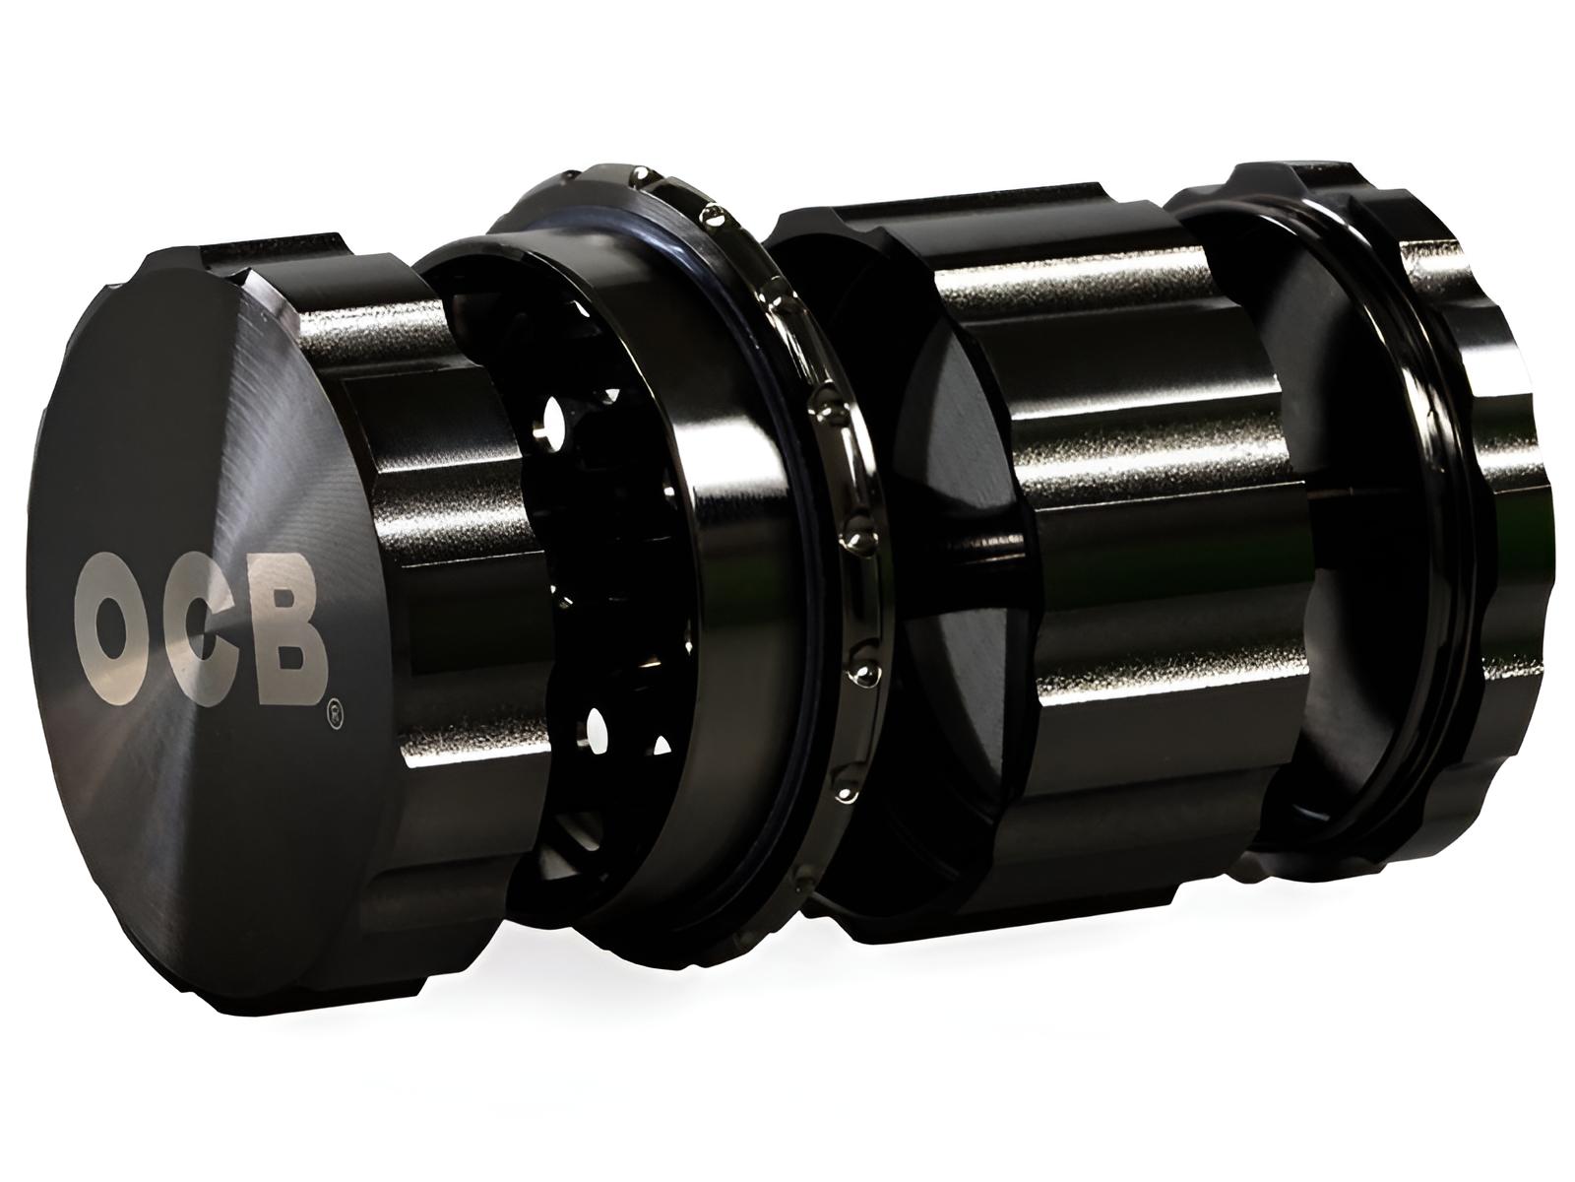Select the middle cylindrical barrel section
pos(1102,552)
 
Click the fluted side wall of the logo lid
pos(413,512)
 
